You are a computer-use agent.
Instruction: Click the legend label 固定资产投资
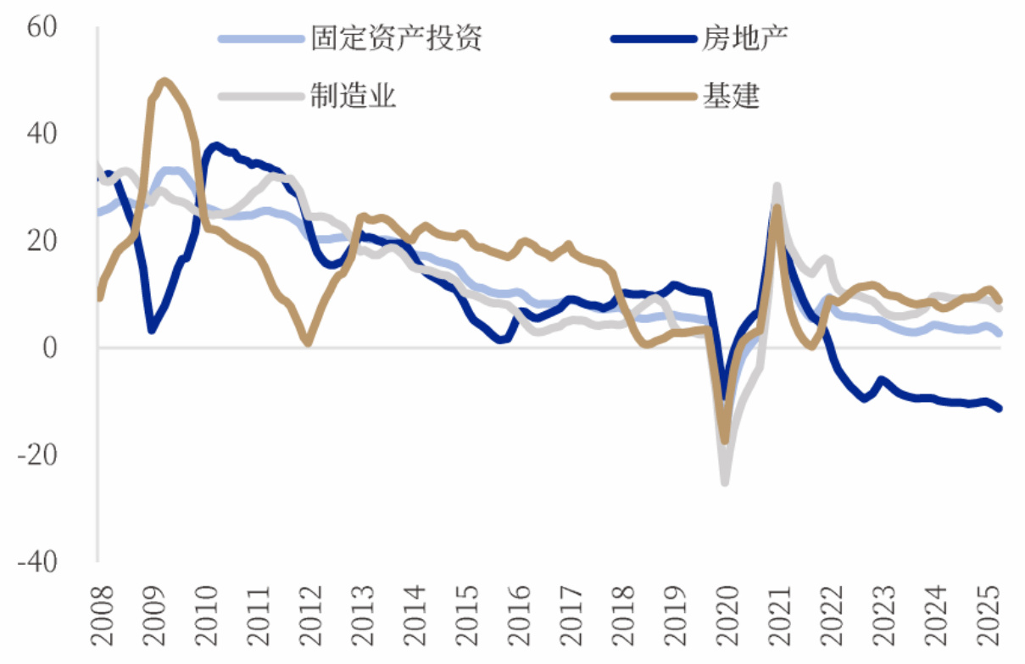pos(396,38)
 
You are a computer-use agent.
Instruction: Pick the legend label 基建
pos(730,96)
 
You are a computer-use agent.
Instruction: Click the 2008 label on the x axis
pos(100,608)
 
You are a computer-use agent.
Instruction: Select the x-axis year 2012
pos(309,608)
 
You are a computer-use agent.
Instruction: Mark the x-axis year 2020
pos(726,608)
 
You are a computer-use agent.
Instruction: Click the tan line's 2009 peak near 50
pos(164,81)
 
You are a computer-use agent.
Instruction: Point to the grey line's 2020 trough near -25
pos(725,482)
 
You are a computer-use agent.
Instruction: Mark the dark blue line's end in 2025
pos(999,409)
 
